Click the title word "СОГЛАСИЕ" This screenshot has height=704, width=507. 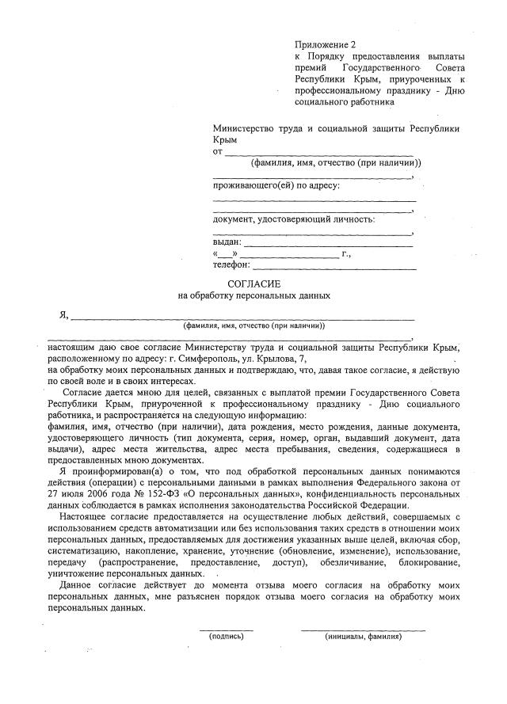(x=253, y=283)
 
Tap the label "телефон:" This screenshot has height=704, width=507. (x=231, y=265)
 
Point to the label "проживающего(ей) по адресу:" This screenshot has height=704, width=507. (x=276, y=186)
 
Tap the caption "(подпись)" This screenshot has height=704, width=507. (x=226, y=636)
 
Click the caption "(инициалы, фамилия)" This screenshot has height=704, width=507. (x=363, y=636)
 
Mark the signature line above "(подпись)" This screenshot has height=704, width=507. (x=226, y=629)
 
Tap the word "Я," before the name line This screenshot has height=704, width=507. (x=63, y=316)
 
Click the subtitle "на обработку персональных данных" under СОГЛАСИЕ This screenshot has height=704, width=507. (x=253, y=295)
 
